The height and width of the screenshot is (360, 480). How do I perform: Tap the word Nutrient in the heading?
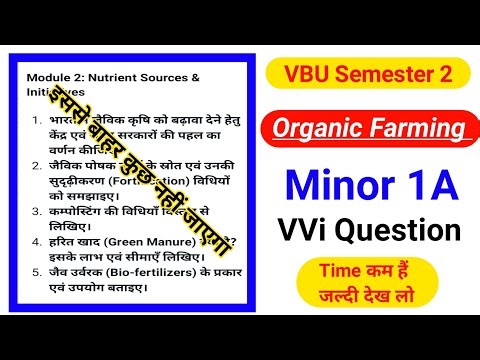pyautogui.click(x=110, y=76)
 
